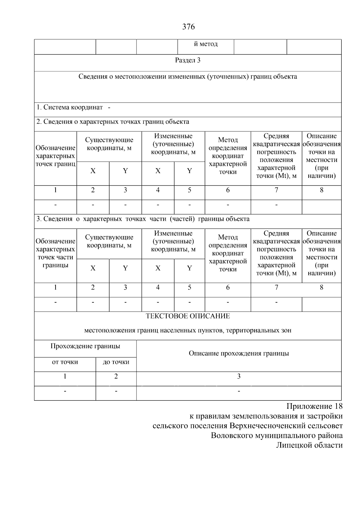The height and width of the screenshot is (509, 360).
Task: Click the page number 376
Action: [188, 27]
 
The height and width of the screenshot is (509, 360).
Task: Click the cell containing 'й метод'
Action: [205, 44]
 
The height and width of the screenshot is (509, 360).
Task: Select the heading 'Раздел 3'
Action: [188, 60]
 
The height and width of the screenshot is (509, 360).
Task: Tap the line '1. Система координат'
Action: [70, 107]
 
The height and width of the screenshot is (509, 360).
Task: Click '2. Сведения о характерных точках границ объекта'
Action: [113, 122]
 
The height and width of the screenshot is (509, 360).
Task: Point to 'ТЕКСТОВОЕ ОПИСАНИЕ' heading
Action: [188, 316]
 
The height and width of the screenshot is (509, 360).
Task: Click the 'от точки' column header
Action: [65, 362]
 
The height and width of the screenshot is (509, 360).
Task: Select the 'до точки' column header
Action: [116, 362]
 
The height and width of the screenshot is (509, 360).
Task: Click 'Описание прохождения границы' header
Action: [239, 353]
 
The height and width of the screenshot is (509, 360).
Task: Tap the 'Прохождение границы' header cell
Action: [85, 346]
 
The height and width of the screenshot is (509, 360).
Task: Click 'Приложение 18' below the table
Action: [314, 407]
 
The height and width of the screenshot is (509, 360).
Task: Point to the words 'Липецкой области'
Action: [309, 445]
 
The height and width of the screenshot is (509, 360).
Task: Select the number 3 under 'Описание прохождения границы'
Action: [239, 376]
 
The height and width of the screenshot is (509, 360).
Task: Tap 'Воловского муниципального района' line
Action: [277, 436]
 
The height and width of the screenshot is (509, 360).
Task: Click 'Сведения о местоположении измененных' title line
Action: [188, 76]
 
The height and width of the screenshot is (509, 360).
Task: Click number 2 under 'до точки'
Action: [116, 376]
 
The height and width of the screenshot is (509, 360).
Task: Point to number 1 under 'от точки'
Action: [65, 376]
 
